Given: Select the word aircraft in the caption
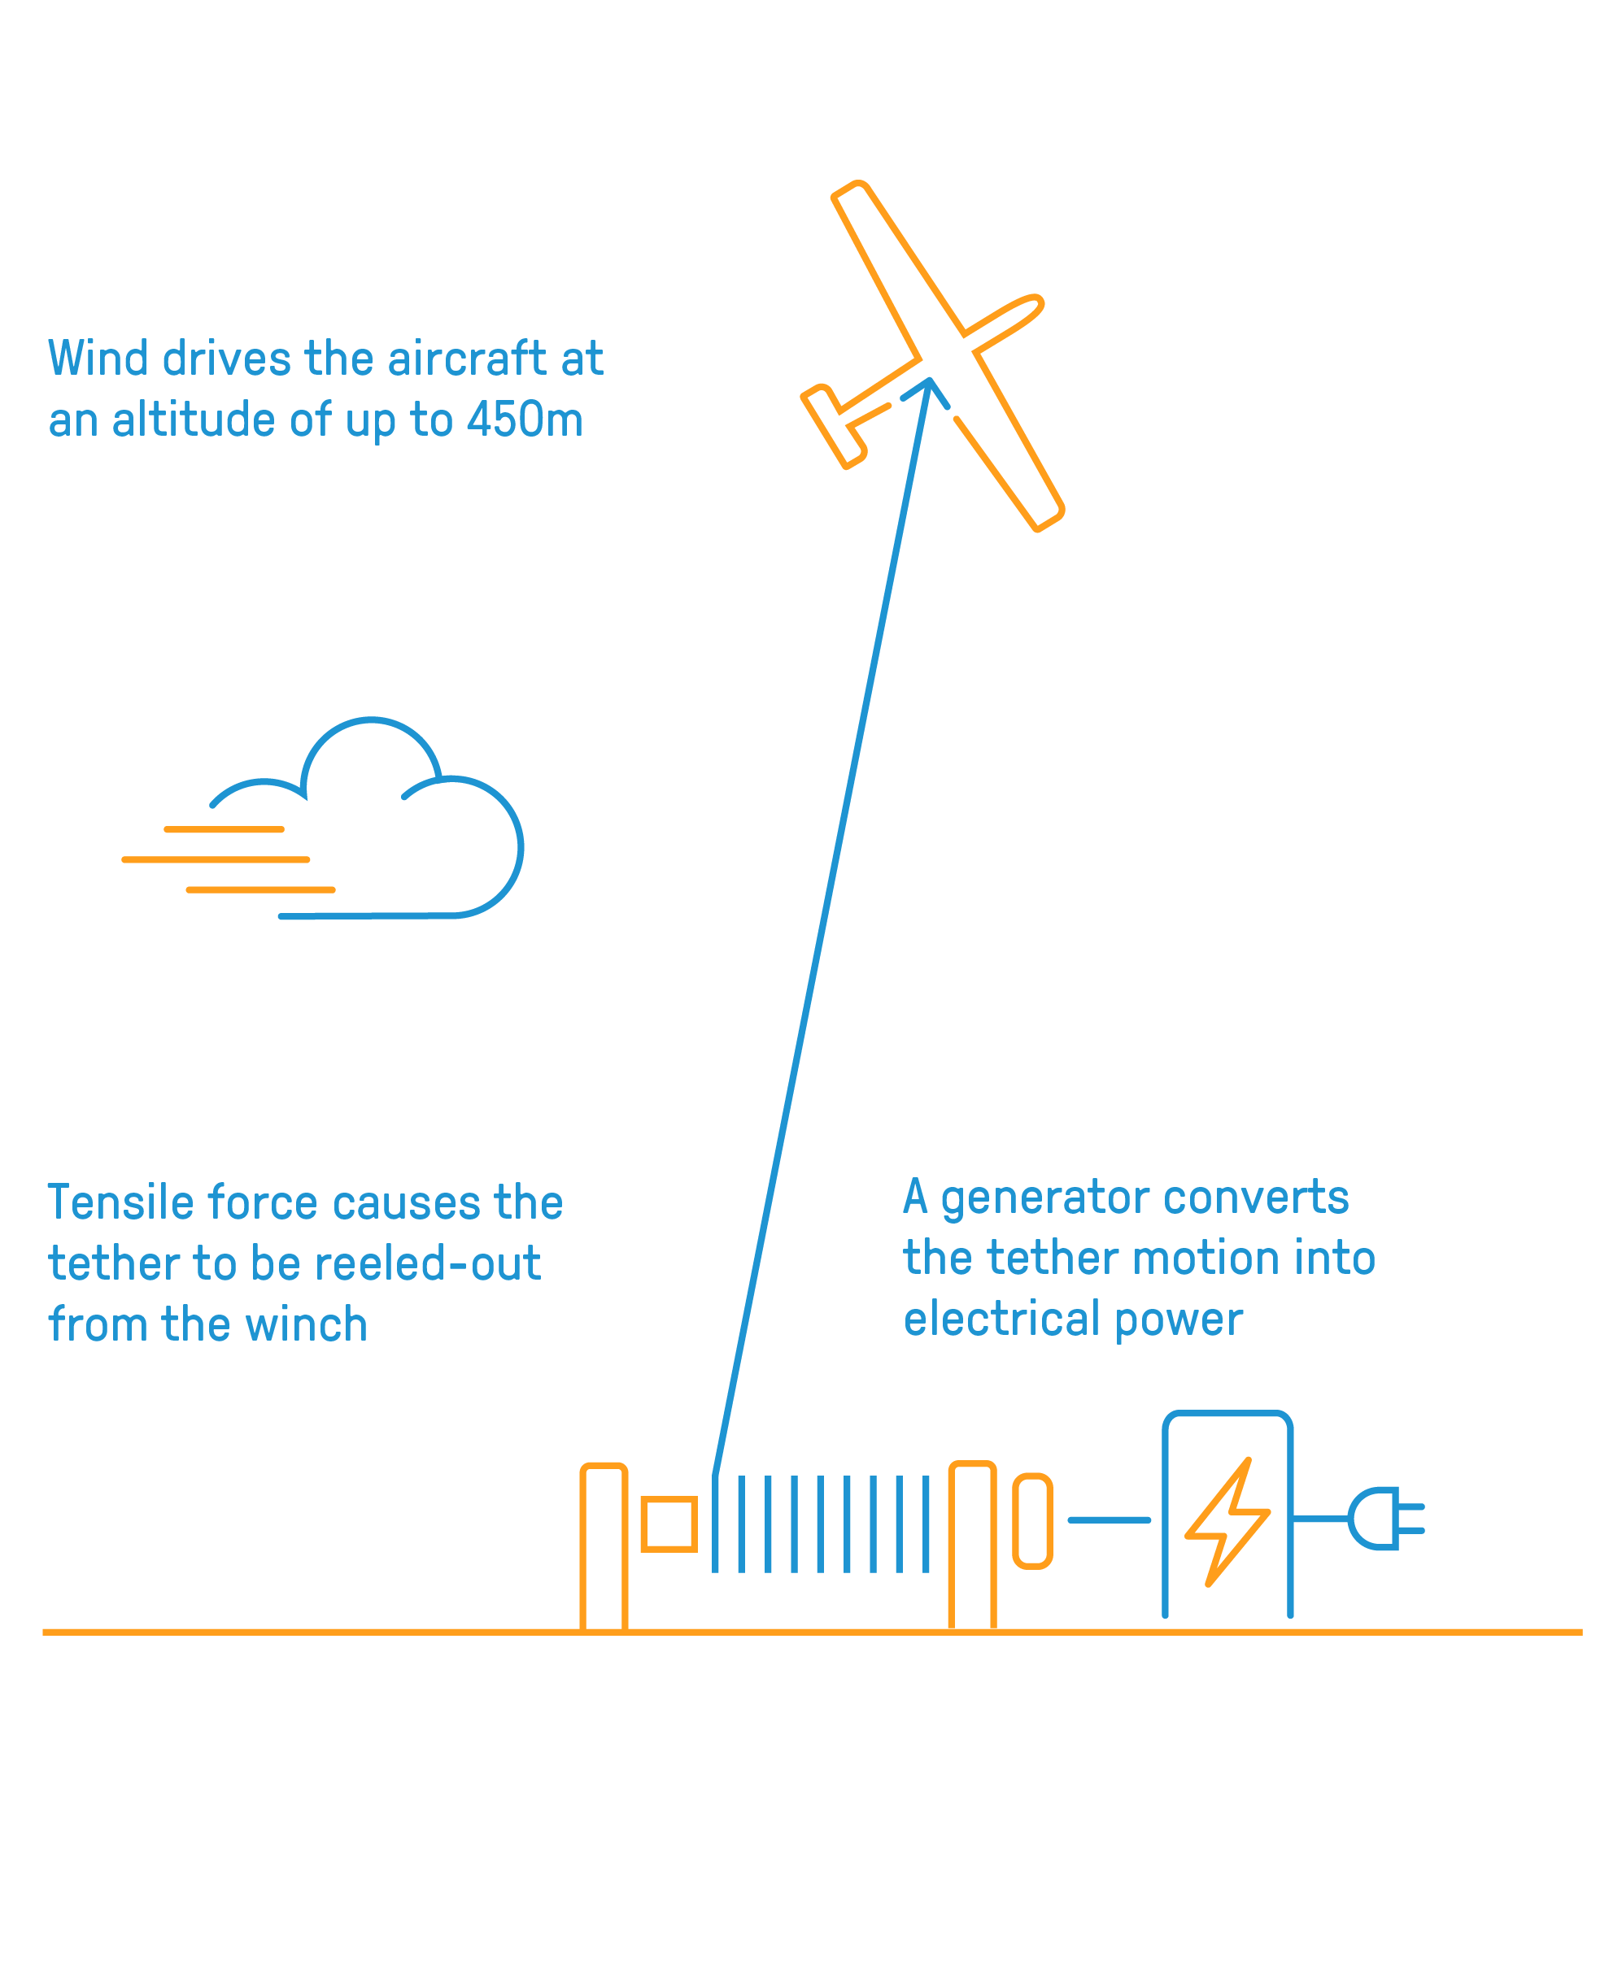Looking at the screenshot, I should click(x=466, y=359).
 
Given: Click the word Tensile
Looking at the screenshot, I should click(x=119, y=1203).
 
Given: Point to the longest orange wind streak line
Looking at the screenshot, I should click(x=216, y=859).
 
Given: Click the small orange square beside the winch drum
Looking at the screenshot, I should click(x=669, y=1524).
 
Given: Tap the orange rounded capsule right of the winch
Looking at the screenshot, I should click(x=1032, y=1521).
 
